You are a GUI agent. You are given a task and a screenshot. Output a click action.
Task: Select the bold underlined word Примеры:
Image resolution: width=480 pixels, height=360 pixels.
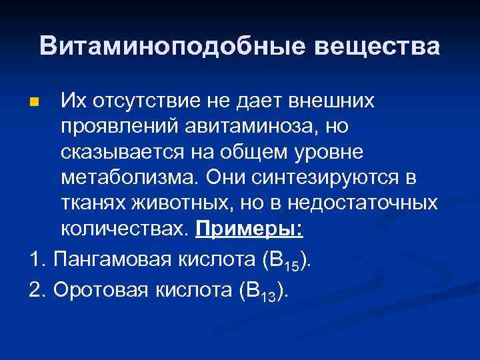point(249,229)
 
